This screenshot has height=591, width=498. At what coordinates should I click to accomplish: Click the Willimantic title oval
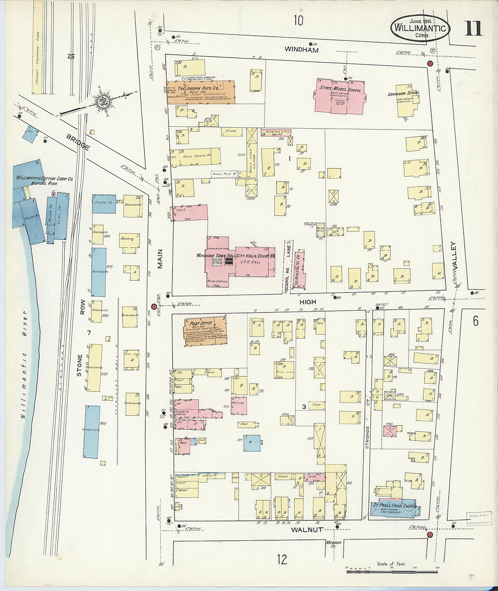coord(421,28)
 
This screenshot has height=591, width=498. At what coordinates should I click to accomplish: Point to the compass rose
coord(103,101)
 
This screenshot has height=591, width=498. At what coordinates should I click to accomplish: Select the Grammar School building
coord(406,99)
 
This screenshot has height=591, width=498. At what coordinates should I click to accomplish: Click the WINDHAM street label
coord(302,50)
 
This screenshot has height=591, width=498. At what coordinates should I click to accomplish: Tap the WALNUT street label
coord(306,529)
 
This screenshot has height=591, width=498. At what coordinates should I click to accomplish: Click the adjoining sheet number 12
coord(282,559)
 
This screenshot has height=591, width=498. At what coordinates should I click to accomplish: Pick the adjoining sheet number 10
coord(298,20)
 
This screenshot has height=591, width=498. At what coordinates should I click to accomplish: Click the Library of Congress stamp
coord(479,519)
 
